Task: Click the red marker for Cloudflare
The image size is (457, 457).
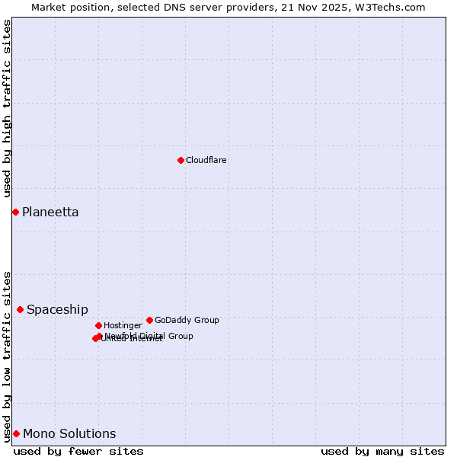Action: click(181, 160)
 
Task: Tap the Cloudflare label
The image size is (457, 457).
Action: click(206, 161)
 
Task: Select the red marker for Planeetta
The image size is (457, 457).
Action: click(15, 212)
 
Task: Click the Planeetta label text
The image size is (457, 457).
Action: click(50, 213)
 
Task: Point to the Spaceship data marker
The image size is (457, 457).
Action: click(20, 309)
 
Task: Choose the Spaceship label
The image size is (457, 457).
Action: click(57, 310)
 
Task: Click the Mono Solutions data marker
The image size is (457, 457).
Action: click(16, 433)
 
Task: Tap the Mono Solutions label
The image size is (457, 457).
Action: click(69, 434)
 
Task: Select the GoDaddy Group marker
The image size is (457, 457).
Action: click(149, 320)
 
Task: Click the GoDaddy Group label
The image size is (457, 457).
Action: click(187, 321)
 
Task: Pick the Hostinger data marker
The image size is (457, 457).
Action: click(98, 325)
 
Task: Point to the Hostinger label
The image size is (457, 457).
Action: click(123, 326)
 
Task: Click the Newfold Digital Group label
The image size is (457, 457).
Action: click(149, 336)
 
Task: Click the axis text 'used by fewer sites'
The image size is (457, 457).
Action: click(78, 452)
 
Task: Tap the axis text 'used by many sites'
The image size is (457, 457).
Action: click(382, 452)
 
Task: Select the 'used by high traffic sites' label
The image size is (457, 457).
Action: click(8, 109)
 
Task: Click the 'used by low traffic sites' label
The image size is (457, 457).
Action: click(8, 356)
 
